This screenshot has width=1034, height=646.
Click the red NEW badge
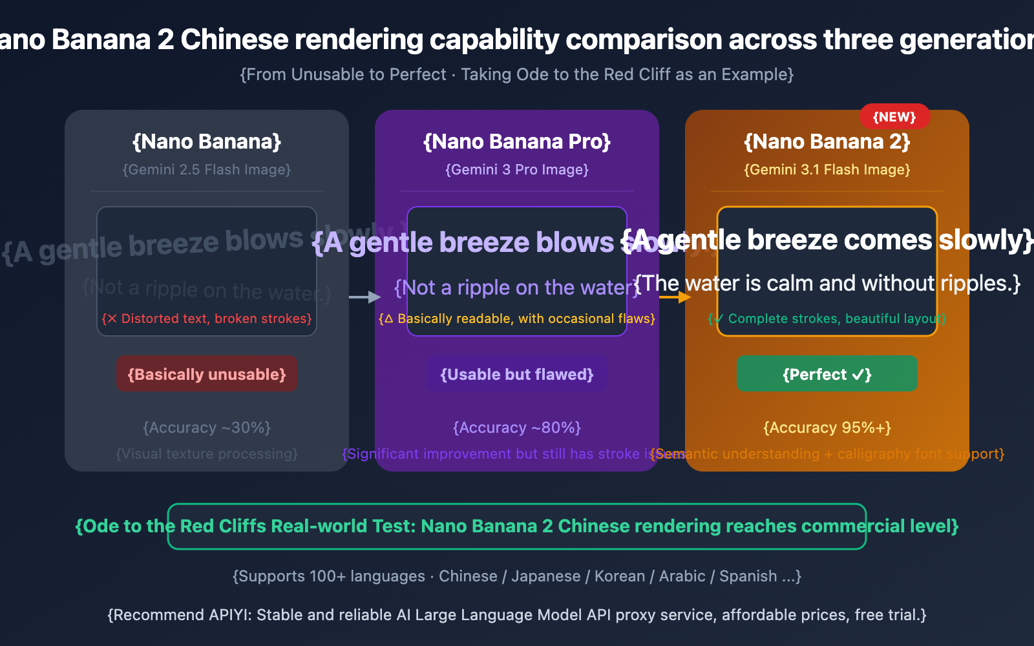pyautogui.click(x=894, y=117)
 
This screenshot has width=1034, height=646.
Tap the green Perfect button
pyautogui.click(x=827, y=374)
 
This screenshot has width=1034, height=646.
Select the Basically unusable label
pyautogui.click(x=207, y=374)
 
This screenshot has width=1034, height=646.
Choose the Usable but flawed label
pyautogui.click(x=516, y=374)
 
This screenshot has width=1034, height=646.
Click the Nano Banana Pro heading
pyautogui.click(x=516, y=141)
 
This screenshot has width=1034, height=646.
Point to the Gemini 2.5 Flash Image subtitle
pyautogui.click(x=207, y=170)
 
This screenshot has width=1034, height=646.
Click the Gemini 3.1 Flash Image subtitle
pyautogui.click(x=827, y=170)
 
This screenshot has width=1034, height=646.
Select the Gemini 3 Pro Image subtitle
pyautogui.click(x=516, y=170)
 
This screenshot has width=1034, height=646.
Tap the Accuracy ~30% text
pyautogui.click(x=207, y=428)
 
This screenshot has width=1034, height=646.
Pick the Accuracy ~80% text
pyautogui.click(x=516, y=428)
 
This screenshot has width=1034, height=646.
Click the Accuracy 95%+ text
pyautogui.click(x=827, y=428)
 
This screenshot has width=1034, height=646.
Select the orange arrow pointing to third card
pyautogui.click(x=675, y=297)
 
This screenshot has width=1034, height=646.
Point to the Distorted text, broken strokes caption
pyautogui.click(x=207, y=318)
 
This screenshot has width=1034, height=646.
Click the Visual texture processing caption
pyautogui.click(x=207, y=453)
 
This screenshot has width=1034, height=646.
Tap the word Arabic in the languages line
pyautogui.click(x=682, y=576)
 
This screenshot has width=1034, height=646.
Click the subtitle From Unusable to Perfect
pyautogui.click(x=343, y=75)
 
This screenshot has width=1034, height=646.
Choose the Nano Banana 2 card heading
pyautogui.click(x=827, y=141)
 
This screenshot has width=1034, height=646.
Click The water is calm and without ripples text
pyautogui.click(x=827, y=284)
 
